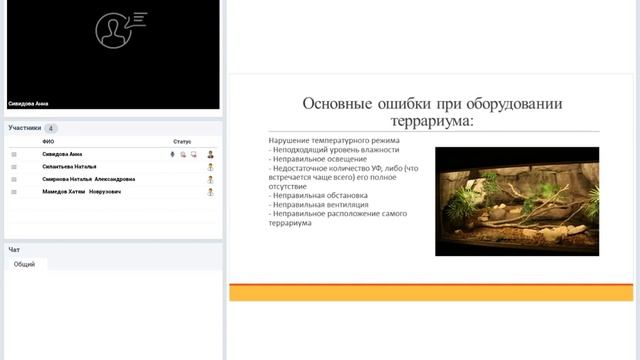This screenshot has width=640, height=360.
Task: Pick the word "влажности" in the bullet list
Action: click(379, 150)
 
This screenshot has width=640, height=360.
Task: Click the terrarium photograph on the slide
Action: click(516, 201)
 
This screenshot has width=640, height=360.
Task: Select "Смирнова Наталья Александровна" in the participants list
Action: click(88, 179)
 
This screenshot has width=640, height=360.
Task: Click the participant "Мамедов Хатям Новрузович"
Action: click(81, 191)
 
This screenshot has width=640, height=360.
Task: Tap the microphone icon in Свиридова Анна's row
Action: click(172, 155)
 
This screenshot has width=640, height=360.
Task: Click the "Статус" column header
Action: click(181, 142)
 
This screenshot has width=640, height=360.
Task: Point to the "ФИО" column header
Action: click(48, 142)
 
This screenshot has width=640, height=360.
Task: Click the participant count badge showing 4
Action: click(51, 129)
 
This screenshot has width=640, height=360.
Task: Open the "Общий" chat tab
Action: click(24, 264)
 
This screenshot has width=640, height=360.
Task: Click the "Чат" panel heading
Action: click(14, 249)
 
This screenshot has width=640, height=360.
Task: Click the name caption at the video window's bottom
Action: click(28, 103)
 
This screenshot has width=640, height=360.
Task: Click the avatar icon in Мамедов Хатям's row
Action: click(210, 191)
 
